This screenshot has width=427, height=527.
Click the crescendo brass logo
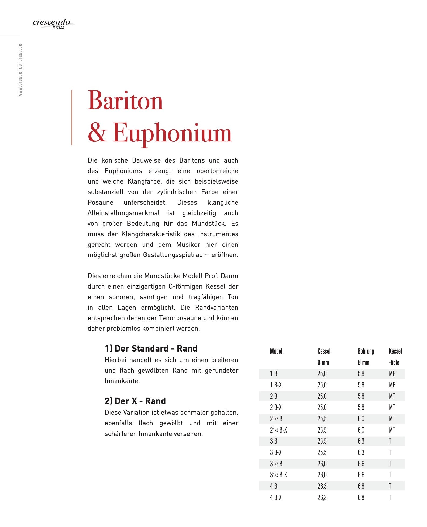coord(52,23)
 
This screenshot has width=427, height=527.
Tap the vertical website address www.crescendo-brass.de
coord(20,70)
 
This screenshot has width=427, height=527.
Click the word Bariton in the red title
coord(125,101)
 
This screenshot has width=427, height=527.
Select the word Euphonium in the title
coord(172,133)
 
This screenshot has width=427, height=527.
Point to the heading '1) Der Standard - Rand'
coord(151,349)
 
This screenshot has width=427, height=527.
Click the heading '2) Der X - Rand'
coord(135,401)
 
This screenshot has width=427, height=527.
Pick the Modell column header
coord(277,351)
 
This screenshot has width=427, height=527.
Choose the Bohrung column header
coord(366,351)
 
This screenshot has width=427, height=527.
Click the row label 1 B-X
coord(276,385)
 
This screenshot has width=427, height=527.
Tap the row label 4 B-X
coord(276,498)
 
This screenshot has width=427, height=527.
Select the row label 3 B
coord(273,441)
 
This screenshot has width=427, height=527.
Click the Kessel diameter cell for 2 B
coord(322,396)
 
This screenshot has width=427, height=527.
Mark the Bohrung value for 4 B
coord(361,486)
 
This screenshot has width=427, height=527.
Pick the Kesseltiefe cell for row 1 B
coord(392,374)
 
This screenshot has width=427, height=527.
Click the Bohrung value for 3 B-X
coord(361,452)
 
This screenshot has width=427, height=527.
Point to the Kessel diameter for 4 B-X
coord(322,498)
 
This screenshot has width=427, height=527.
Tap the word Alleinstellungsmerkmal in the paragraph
coord(123,213)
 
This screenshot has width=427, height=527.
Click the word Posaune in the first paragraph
coord(100,202)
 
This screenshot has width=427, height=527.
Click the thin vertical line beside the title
coord(72,117)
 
